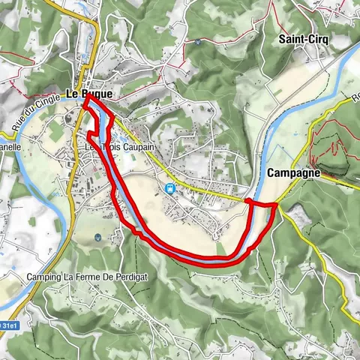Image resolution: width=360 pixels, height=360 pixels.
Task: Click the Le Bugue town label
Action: pyautogui.click(x=89, y=94)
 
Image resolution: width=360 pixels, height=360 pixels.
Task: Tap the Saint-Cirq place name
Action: pyautogui.click(x=295, y=38)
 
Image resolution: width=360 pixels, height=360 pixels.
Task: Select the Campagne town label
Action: pyautogui.click(x=293, y=172)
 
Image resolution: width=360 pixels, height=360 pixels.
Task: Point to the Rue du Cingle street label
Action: pyautogui.click(x=34, y=108)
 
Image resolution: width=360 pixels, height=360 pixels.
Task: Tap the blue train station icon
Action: pyautogui.click(x=170, y=188)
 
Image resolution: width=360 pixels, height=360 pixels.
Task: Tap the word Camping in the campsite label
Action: pyautogui.click(x=43, y=277)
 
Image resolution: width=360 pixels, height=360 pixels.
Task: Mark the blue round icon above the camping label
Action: pyautogui.click(x=99, y=238)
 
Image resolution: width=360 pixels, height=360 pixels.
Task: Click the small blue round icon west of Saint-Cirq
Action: pyautogui.click(x=196, y=43)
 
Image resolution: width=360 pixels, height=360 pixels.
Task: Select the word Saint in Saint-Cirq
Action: pyautogui.click(x=288, y=38)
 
